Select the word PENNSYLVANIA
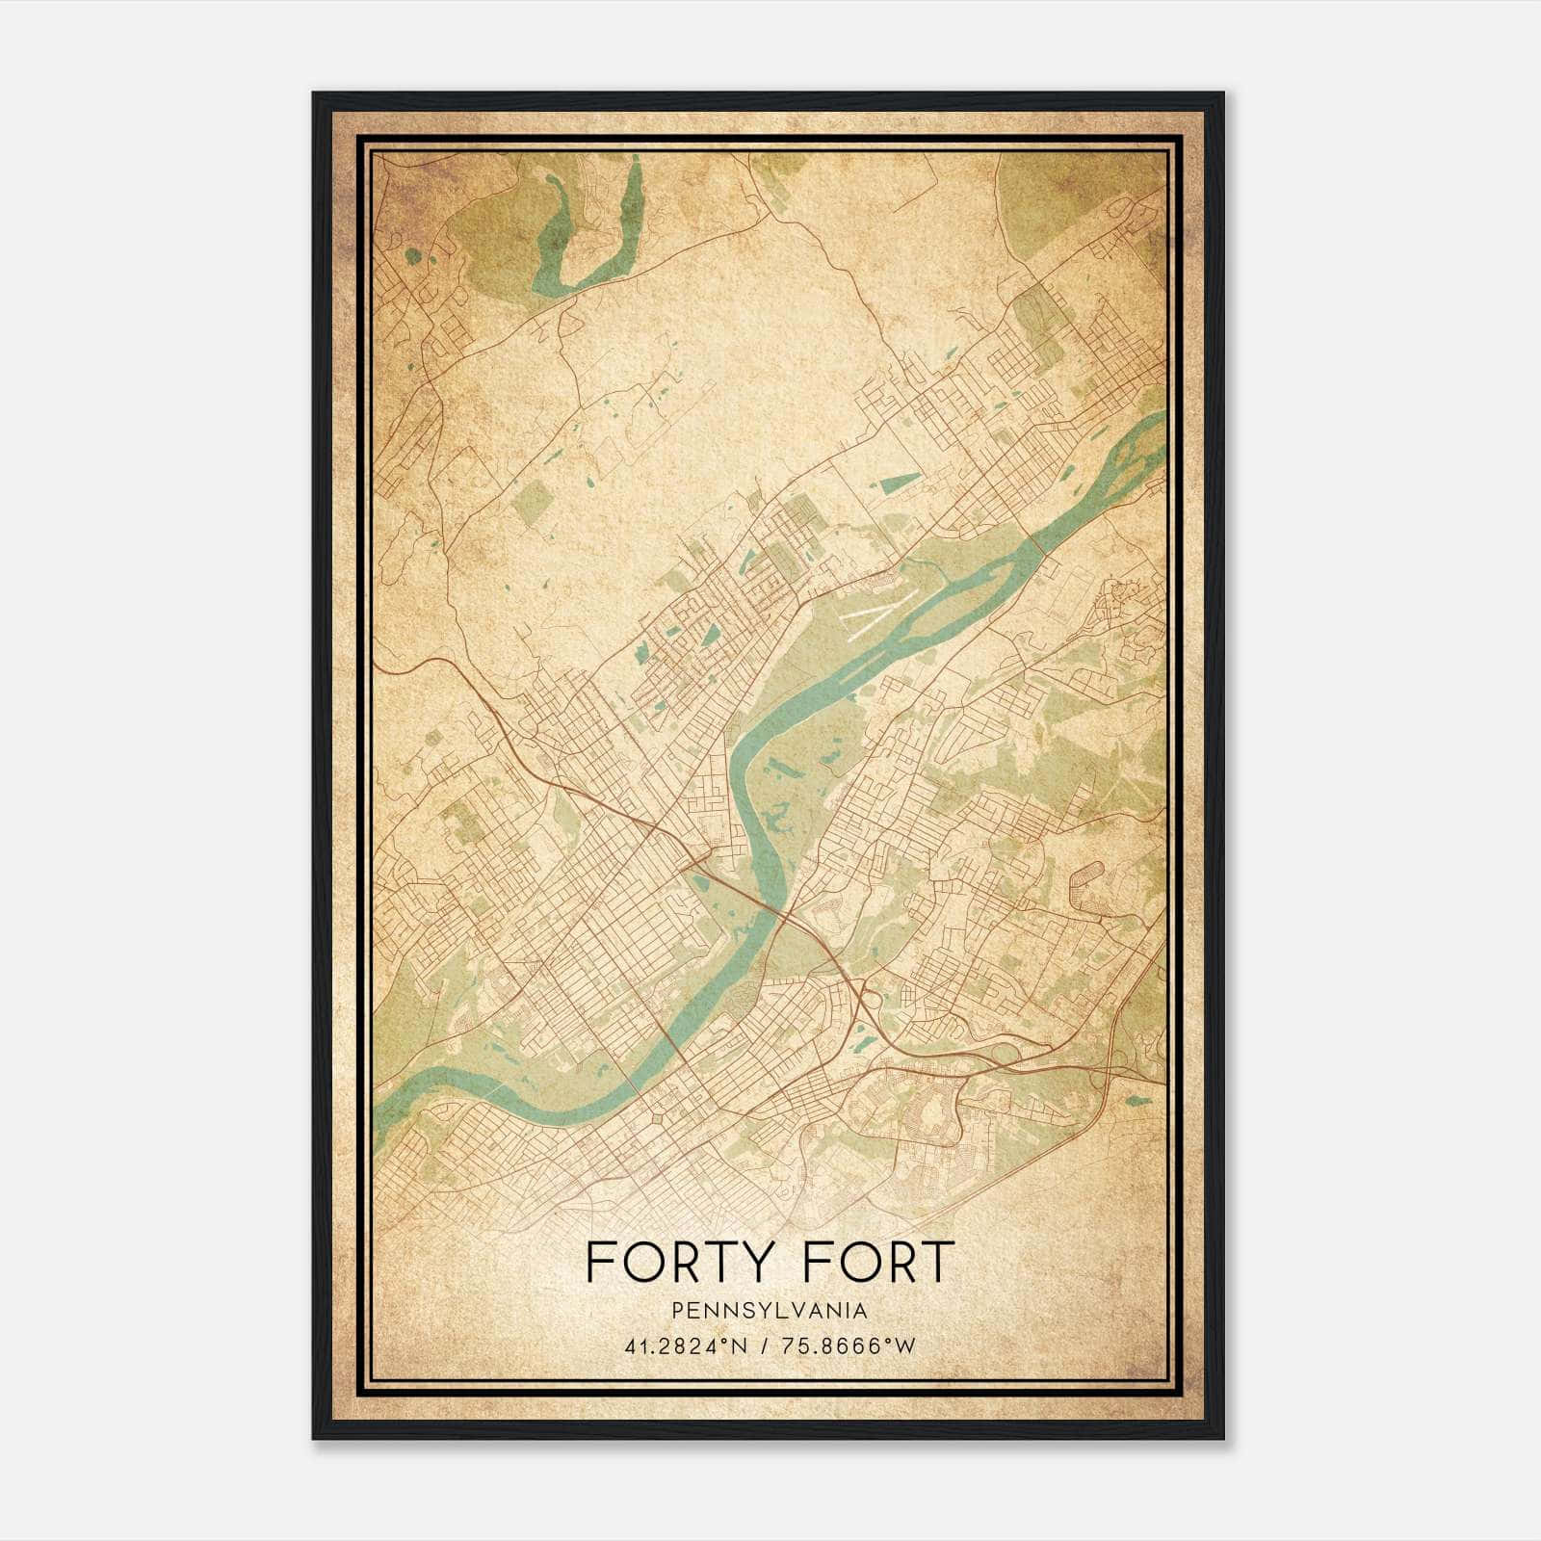point(770,1310)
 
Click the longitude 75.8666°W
point(855,1345)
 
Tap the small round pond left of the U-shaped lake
point(413,256)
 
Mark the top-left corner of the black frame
point(314,93)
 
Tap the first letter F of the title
point(599,1262)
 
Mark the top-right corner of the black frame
point(1223,93)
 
